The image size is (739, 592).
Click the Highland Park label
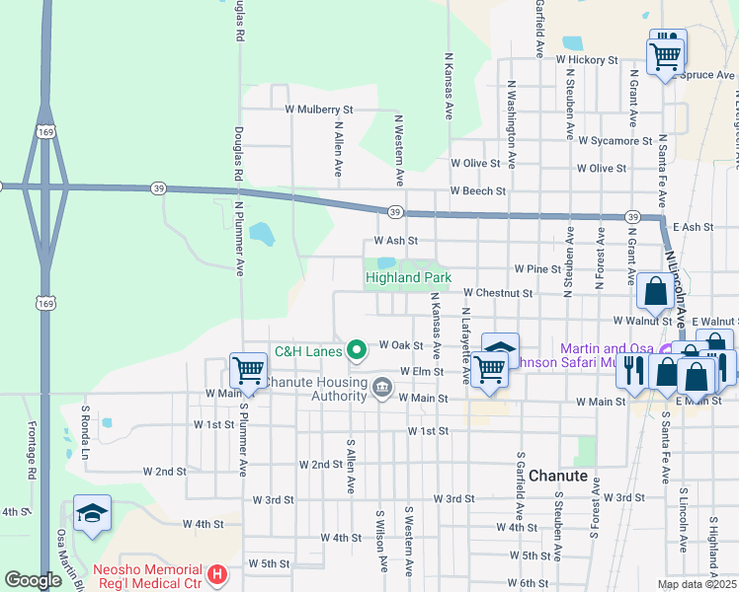point(408,277)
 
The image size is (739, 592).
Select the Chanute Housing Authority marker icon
point(381,388)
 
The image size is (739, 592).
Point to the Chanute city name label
point(559,475)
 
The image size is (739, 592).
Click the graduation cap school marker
point(92,513)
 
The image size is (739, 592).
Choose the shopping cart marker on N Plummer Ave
point(248,371)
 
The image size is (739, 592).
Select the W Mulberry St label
point(318,110)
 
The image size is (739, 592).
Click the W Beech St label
point(477,190)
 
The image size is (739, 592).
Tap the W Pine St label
point(537,268)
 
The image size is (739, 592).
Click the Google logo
point(34,580)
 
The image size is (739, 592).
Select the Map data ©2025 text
point(696,584)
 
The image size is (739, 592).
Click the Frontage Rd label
point(32,459)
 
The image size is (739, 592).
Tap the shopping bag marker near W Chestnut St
point(655,291)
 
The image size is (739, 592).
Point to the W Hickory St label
point(586,60)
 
